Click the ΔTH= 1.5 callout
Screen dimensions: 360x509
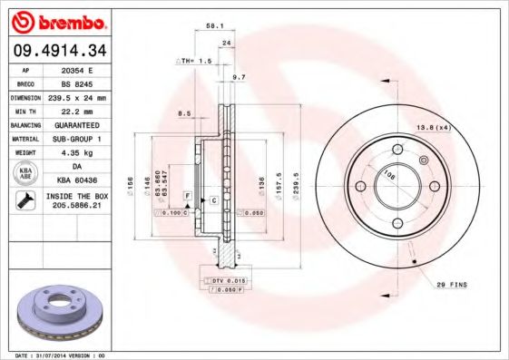[193, 61]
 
